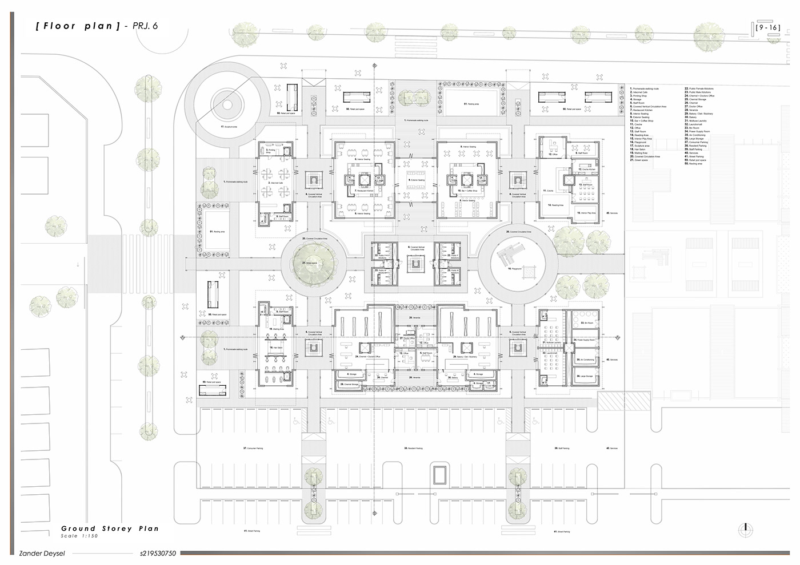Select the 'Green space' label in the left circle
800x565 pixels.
pyautogui.click(x=311, y=262)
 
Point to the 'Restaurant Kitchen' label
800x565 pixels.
pyautogui.click(x=363, y=191)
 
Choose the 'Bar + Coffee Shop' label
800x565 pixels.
pyautogui.click(x=467, y=191)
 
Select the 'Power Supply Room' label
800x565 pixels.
pyautogui.click(x=587, y=340)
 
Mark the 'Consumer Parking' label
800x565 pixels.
pyautogui.click(x=252, y=449)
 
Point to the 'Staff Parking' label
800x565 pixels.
pyautogui.click(x=562, y=449)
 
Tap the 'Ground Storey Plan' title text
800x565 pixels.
pyautogui.click(x=110, y=528)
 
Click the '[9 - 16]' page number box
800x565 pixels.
pyautogui.click(x=767, y=27)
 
